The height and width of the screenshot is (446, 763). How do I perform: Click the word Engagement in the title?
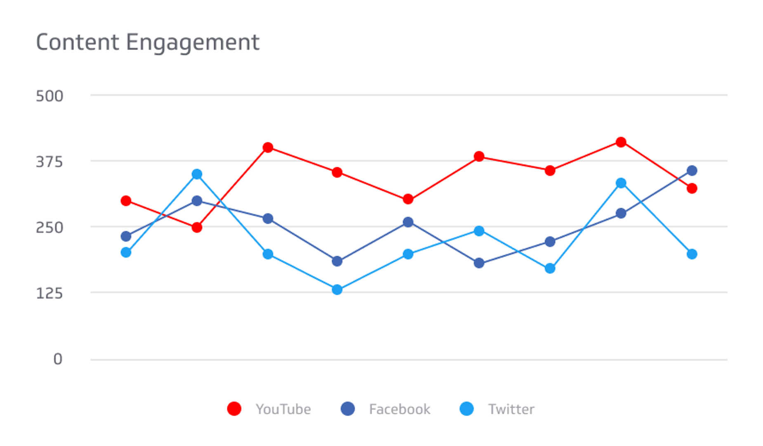click(x=193, y=43)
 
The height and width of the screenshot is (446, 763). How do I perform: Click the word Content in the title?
click(x=78, y=42)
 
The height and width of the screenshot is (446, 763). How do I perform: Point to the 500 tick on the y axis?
click(x=49, y=96)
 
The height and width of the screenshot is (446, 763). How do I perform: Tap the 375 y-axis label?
click(x=49, y=162)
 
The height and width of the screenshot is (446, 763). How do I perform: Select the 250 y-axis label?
click(x=49, y=228)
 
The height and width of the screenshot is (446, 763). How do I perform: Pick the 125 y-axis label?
click(x=49, y=293)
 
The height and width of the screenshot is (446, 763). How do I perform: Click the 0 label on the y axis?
click(x=58, y=359)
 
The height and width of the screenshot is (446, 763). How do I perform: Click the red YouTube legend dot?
click(x=234, y=409)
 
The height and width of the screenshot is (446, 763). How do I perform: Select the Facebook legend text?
click(x=399, y=409)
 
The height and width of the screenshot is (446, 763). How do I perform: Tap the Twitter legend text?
click(x=511, y=409)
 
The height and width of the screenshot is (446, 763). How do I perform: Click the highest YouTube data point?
click(x=621, y=142)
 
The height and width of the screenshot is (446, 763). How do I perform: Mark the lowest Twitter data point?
click(x=337, y=289)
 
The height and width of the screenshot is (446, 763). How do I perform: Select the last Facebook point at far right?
click(x=692, y=171)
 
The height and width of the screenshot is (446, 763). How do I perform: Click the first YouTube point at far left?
click(x=126, y=201)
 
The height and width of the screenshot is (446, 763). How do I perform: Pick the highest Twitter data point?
click(x=197, y=174)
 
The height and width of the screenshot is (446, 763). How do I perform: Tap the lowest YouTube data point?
click(x=197, y=228)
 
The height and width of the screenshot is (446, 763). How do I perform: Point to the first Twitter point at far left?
click(x=126, y=252)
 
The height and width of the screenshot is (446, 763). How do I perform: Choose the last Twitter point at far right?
click(x=692, y=254)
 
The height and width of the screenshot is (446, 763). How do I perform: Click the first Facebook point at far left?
click(x=126, y=237)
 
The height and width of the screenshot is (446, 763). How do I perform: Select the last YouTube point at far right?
click(x=692, y=188)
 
